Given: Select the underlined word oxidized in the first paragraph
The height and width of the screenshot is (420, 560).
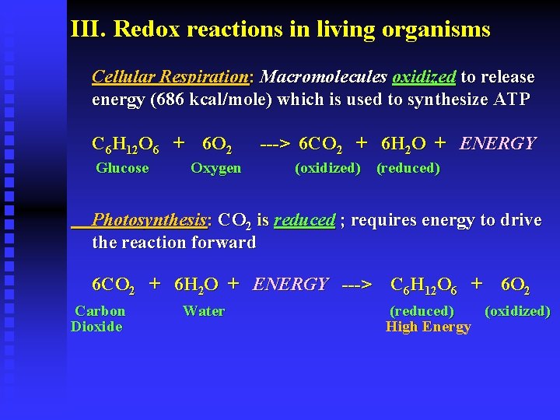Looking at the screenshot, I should point(424,77).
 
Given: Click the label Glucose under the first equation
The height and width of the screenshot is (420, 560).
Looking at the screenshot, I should point(122,168).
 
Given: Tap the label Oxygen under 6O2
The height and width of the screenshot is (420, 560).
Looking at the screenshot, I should point(215,168).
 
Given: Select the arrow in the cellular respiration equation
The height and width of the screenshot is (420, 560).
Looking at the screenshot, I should point(275,144).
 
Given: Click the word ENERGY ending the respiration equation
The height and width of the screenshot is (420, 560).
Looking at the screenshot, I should point(498,143).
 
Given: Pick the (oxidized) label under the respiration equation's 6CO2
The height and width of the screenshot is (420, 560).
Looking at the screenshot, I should point(327,168).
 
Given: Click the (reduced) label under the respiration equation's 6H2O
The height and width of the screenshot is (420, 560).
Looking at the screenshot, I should point(408,168).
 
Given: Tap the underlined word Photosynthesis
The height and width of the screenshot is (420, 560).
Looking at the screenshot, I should point(149,220).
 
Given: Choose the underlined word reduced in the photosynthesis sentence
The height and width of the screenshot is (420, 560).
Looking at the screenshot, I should point(304,220).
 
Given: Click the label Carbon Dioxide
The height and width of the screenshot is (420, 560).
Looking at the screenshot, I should point(97,319).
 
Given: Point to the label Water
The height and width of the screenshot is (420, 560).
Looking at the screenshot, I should point(204,311).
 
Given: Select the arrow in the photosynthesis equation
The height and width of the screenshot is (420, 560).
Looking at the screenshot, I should point(357,285).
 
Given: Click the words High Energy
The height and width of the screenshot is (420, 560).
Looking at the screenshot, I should point(428,327).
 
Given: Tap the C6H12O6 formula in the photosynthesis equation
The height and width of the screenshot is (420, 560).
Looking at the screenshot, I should point(423,285).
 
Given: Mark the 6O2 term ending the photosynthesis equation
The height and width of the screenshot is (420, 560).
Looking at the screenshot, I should point(516,285).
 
